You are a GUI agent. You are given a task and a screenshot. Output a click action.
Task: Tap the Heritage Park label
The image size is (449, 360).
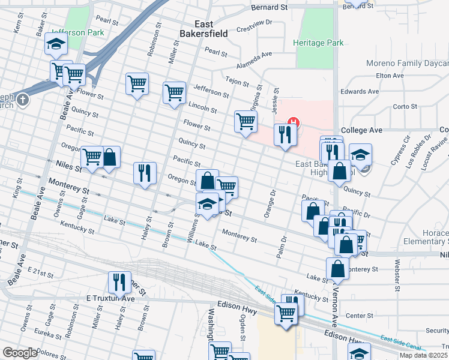coord(318,43)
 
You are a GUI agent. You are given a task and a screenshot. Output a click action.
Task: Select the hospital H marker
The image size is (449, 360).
coord(293,124)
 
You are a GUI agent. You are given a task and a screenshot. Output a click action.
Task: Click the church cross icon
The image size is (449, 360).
coord(23,100)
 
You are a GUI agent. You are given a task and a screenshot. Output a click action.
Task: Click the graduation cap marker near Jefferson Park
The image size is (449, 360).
coord(56,44)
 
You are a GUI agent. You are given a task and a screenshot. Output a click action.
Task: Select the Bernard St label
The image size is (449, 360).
coord(270,7)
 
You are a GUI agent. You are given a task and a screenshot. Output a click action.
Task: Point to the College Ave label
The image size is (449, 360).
coord(361,130)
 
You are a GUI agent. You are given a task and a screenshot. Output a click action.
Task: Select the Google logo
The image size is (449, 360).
coord(20,353)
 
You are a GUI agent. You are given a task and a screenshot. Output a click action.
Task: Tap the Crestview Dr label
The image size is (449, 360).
coord(255,27)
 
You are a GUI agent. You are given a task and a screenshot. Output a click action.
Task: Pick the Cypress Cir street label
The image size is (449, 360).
coord(400,154)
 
